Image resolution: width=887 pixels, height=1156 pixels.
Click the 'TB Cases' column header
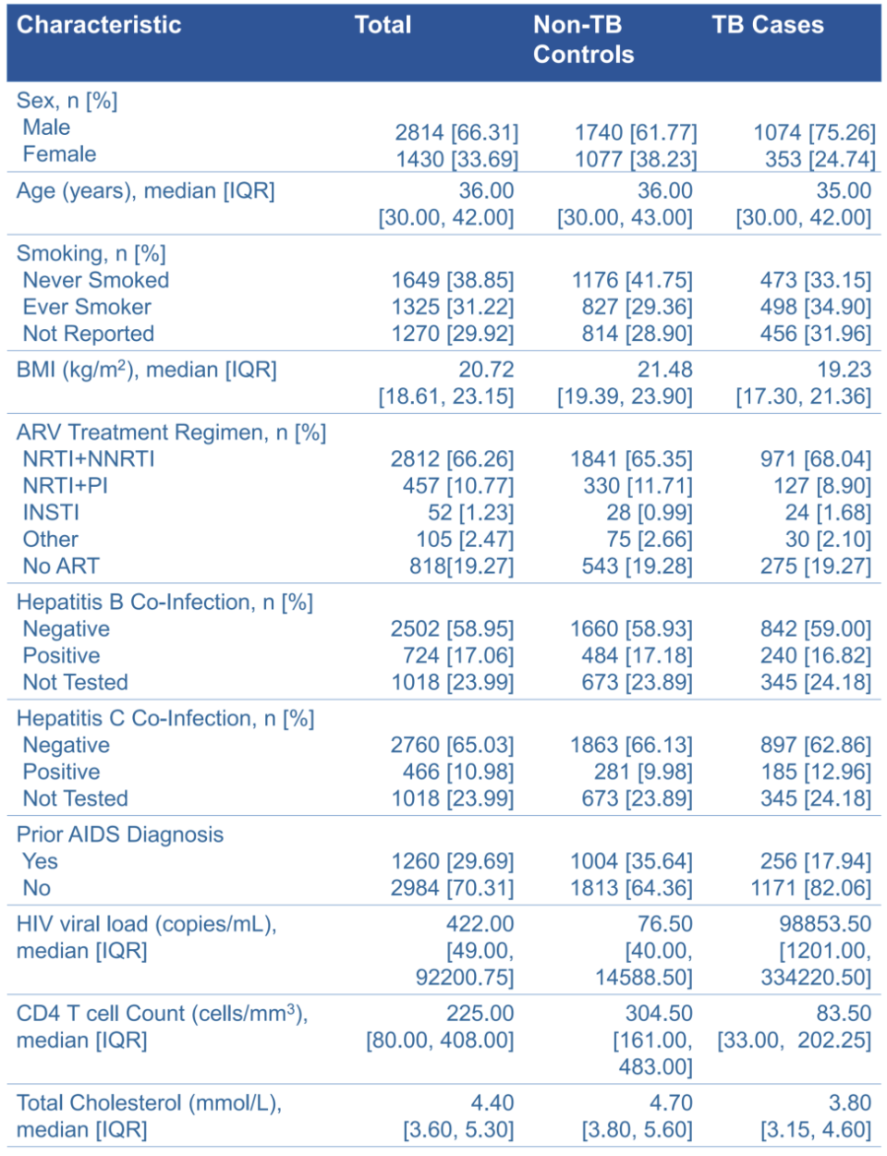click(x=767, y=25)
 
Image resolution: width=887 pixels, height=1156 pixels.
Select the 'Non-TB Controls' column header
click(x=583, y=40)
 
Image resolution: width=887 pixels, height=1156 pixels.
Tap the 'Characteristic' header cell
click(x=99, y=25)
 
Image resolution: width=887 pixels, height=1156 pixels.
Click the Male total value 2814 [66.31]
click(x=456, y=132)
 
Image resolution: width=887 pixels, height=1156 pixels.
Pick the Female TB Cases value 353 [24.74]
click(x=820, y=159)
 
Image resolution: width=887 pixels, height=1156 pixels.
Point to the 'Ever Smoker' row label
click(x=87, y=307)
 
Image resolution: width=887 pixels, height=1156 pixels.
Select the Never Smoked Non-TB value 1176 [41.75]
click(x=632, y=280)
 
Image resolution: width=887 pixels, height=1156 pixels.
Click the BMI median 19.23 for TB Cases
click(x=844, y=370)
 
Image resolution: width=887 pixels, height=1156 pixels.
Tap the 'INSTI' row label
click(x=51, y=512)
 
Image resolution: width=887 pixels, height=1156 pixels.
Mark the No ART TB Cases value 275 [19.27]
click(x=815, y=566)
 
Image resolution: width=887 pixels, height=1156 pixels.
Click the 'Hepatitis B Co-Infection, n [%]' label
click(x=164, y=602)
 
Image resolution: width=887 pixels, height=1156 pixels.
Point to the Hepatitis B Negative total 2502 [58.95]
click(x=452, y=628)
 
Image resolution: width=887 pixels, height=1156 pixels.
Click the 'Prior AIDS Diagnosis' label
click(x=120, y=834)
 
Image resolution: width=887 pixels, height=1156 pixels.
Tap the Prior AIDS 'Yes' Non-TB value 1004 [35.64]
click(x=631, y=861)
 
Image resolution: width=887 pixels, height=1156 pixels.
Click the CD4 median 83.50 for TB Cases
click(x=843, y=1014)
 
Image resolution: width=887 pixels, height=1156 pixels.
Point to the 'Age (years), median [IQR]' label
click(x=145, y=191)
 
